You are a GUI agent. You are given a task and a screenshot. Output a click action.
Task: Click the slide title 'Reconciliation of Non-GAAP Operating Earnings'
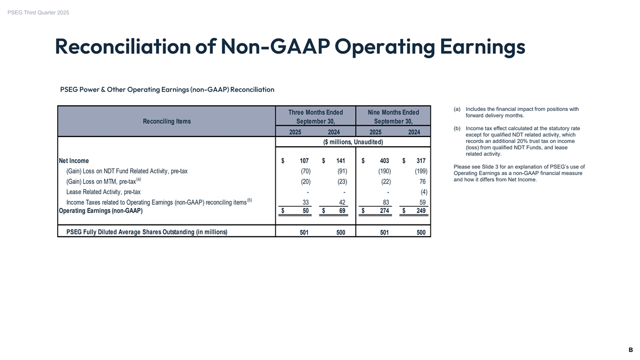[x=290, y=47]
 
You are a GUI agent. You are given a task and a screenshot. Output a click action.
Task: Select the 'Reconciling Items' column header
[x=167, y=122]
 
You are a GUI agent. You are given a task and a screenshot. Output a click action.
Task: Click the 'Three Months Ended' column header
[x=315, y=113]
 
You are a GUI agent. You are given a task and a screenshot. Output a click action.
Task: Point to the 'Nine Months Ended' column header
[x=394, y=113]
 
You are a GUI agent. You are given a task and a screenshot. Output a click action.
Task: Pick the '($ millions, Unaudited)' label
[x=354, y=141]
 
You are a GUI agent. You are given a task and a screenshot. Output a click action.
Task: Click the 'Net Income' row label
[x=74, y=161]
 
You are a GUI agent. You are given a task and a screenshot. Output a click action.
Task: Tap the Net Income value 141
[x=341, y=161]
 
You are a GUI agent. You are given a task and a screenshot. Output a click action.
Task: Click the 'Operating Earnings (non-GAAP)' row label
[x=100, y=211]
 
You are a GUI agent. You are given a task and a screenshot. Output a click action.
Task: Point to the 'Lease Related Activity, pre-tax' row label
[x=103, y=192]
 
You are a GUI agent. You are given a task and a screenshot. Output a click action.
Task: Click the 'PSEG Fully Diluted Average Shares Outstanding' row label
[x=147, y=232]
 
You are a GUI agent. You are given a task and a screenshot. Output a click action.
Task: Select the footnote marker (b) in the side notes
[x=457, y=128]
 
